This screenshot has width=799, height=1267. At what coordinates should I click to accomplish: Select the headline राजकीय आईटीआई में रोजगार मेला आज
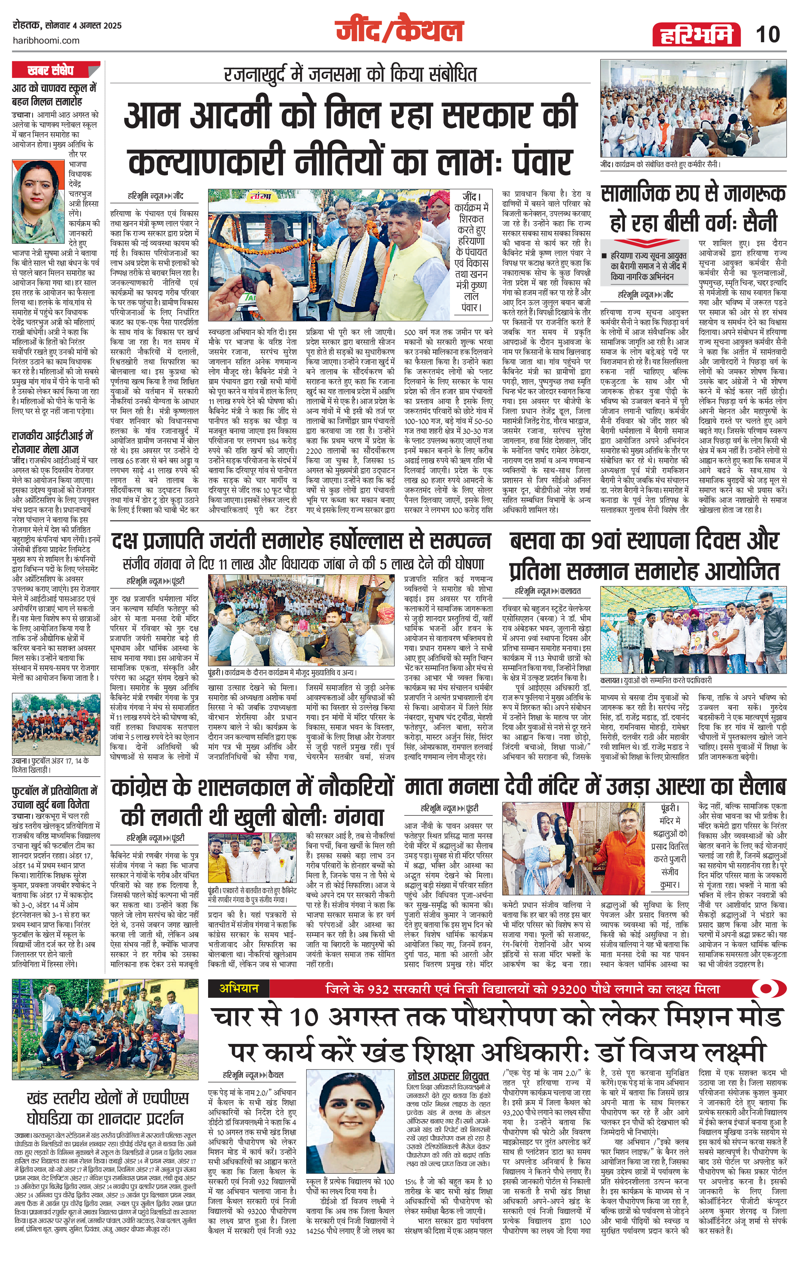[x=52, y=442]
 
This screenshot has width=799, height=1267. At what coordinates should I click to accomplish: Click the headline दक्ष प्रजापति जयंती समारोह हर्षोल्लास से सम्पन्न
[x=301, y=541]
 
